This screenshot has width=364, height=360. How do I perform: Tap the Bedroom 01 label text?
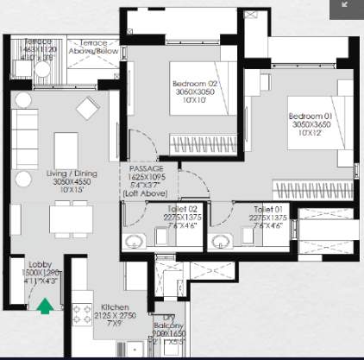[306, 117]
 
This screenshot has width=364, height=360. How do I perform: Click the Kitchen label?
[116, 306]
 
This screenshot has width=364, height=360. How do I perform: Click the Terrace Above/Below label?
[93, 45]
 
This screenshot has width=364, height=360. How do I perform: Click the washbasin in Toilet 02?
[133, 241]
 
